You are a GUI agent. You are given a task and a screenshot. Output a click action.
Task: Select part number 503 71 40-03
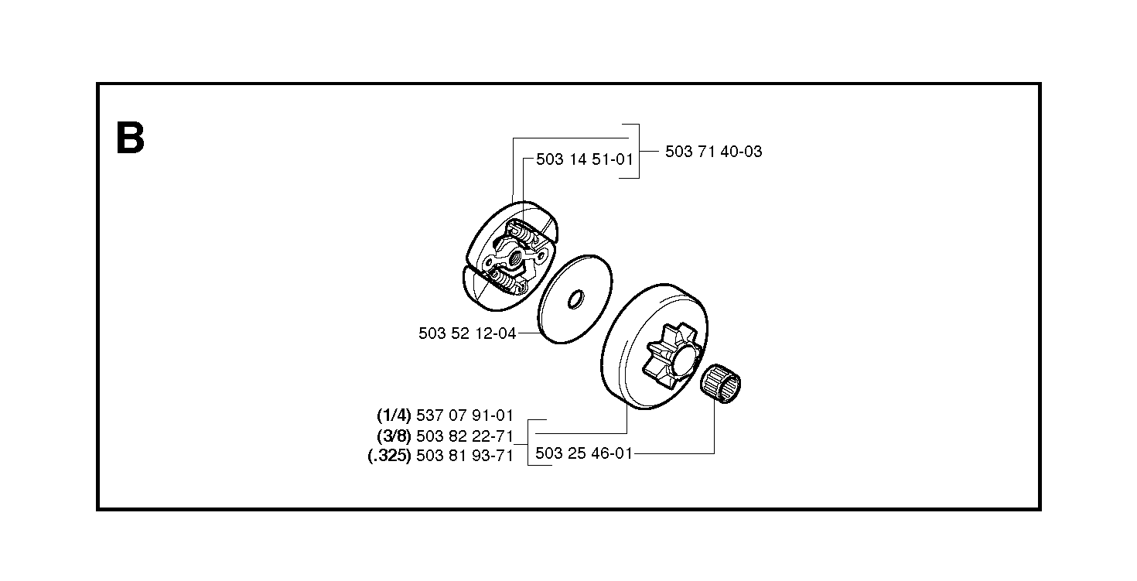pos(713,152)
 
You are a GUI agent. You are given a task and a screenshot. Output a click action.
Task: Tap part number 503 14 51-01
pos(585,159)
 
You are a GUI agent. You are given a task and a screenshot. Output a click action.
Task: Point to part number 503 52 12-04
pos(467,333)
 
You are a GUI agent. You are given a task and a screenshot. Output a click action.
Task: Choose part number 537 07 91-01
pos(465,415)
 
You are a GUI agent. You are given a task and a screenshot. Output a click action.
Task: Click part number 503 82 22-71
pos(465,436)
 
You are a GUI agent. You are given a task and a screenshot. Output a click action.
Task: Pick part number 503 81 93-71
pos(465,456)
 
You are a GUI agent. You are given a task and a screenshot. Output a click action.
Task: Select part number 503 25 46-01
pos(584,453)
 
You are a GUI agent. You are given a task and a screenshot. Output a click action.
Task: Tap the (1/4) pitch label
pos(394,415)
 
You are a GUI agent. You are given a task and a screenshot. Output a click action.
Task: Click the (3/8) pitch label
pos(394,436)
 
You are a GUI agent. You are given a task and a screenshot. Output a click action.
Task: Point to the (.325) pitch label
pos(389,456)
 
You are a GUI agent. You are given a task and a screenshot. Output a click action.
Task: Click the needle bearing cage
pos(721,384)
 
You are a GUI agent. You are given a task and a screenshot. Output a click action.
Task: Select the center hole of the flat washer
pos(575,299)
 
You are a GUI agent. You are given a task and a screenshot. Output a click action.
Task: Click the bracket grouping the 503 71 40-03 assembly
pos(639,151)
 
